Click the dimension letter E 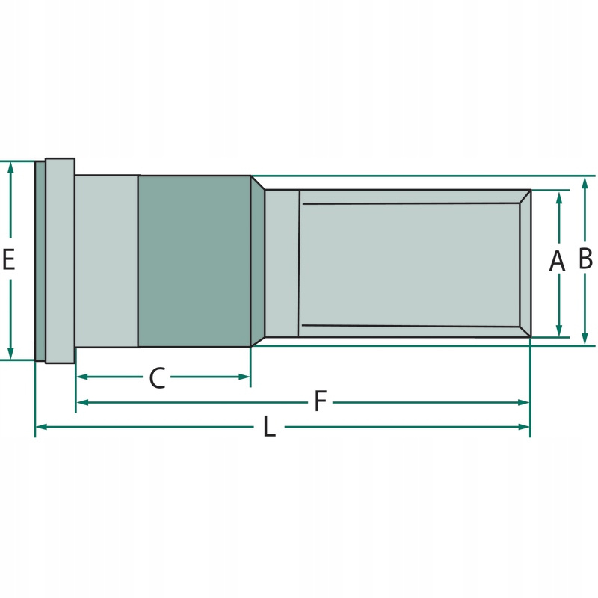[8, 259]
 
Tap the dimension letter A [557, 262]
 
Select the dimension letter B [585, 259]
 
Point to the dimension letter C [156, 378]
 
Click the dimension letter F [320, 402]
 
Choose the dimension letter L [269, 428]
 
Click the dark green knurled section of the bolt [194, 261]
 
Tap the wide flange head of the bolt [60, 260]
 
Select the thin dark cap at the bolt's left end [40, 260]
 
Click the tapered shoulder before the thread [257, 261]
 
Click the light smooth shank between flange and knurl [106, 261]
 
